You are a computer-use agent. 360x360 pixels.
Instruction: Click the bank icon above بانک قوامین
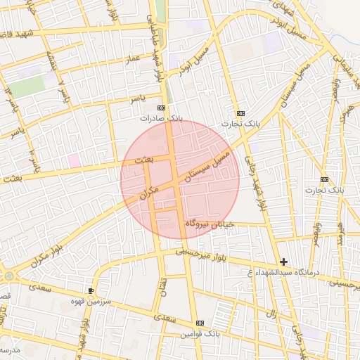pyautogui.click(x=200, y=323)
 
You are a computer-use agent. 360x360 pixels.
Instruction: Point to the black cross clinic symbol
pyautogui.click(x=283, y=262)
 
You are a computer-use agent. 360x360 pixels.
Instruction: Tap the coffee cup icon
pyautogui.click(x=91, y=290)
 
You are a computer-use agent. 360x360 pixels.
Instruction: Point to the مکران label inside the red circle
pyautogui.click(x=149, y=190)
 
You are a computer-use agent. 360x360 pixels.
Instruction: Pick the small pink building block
pyautogui.click(x=73, y=160)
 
